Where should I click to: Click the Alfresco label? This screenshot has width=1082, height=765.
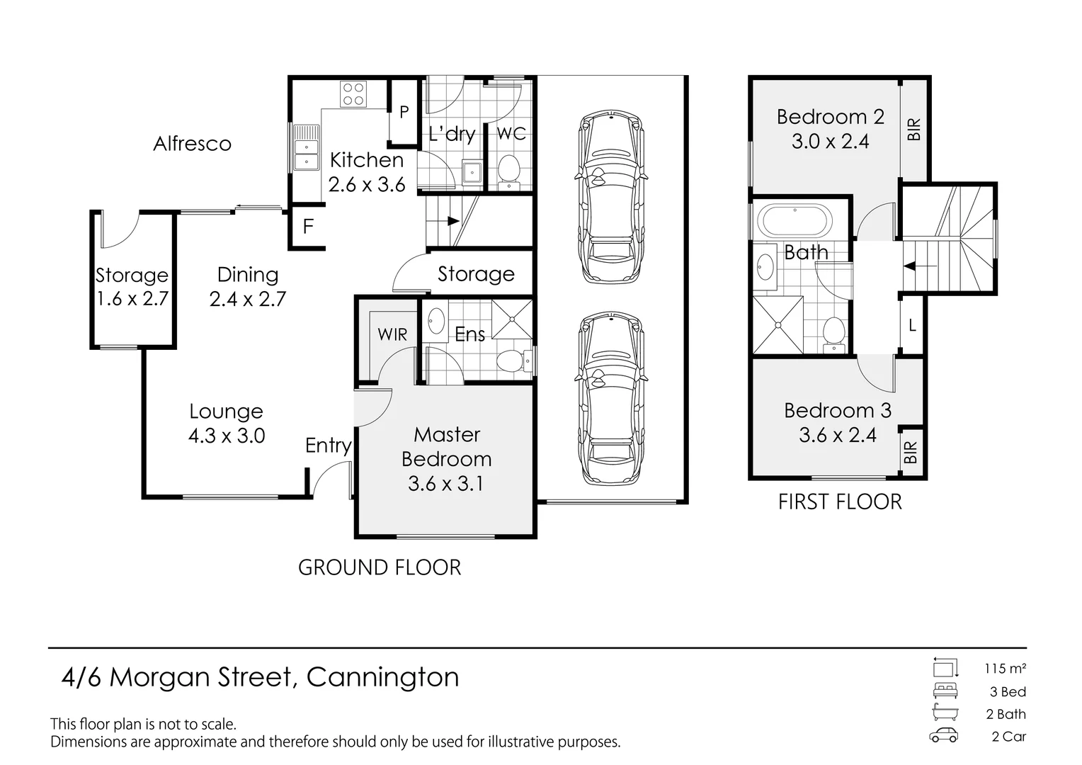(x=192, y=144)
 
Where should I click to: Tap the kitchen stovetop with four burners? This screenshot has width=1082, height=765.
(x=353, y=94)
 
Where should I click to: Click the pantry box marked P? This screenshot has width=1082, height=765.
(x=404, y=112)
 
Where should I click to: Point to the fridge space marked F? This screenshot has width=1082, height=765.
(x=307, y=227)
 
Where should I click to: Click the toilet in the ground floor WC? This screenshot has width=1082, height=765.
(x=508, y=171)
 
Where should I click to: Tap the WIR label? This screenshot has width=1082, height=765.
(x=392, y=334)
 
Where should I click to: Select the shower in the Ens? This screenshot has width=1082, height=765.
(x=512, y=320)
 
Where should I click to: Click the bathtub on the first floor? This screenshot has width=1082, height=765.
(x=794, y=221)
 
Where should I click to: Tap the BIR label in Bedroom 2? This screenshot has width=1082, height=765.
(x=914, y=129)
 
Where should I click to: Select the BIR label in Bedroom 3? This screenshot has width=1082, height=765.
(x=911, y=451)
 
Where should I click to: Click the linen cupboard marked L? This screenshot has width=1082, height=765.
(x=912, y=326)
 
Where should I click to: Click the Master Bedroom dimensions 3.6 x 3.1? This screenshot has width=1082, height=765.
(x=445, y=484)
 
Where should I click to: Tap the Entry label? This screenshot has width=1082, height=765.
(x=328, y=446)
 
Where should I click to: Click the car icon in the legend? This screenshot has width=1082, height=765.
(x=944, y=736)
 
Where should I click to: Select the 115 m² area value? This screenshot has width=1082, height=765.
(x=1005, y=669)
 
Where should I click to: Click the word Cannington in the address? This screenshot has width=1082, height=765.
(x=382, y=678)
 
